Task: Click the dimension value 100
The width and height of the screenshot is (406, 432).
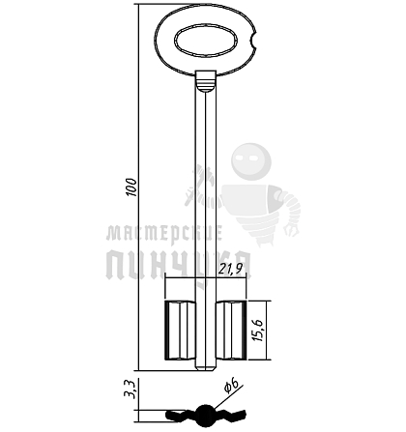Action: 131,187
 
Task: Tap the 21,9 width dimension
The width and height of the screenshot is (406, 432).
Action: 230,269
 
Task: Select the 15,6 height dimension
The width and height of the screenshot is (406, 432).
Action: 258,331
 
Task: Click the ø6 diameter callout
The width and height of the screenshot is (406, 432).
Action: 231,385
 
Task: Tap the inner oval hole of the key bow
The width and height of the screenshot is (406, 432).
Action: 206,41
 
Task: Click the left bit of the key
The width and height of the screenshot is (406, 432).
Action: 180,330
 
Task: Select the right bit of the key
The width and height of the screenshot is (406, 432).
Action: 231,330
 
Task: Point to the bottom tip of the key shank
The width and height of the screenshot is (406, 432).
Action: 206,369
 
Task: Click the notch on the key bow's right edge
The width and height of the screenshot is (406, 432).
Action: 253,41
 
